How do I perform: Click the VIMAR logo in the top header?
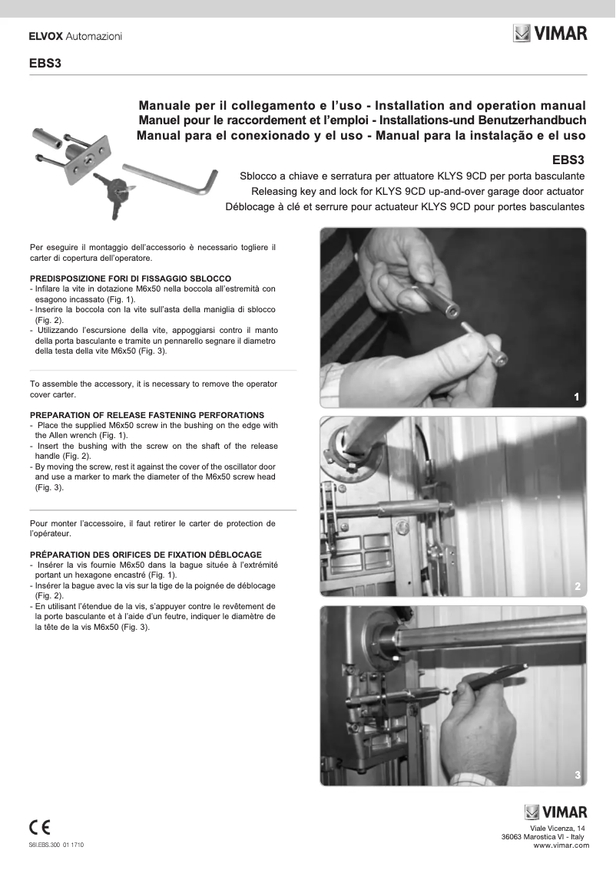[x=550, y=34]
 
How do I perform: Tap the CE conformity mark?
[x=39, y=827]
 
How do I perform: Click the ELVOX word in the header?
[x=45, y=36]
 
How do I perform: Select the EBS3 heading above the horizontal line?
[x=45, y=64]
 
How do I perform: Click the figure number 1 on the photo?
[x=576, y=396]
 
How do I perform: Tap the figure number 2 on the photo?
[x=576, y=586]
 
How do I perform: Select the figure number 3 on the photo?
[x=576, y=776]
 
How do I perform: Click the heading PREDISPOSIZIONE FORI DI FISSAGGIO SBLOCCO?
[x=130, y=278]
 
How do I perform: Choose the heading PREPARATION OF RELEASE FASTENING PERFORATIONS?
[x=147, y=414]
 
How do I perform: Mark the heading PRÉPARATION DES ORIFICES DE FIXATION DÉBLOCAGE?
[x=145, y=554]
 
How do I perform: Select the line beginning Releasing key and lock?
[x=418, y=190]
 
